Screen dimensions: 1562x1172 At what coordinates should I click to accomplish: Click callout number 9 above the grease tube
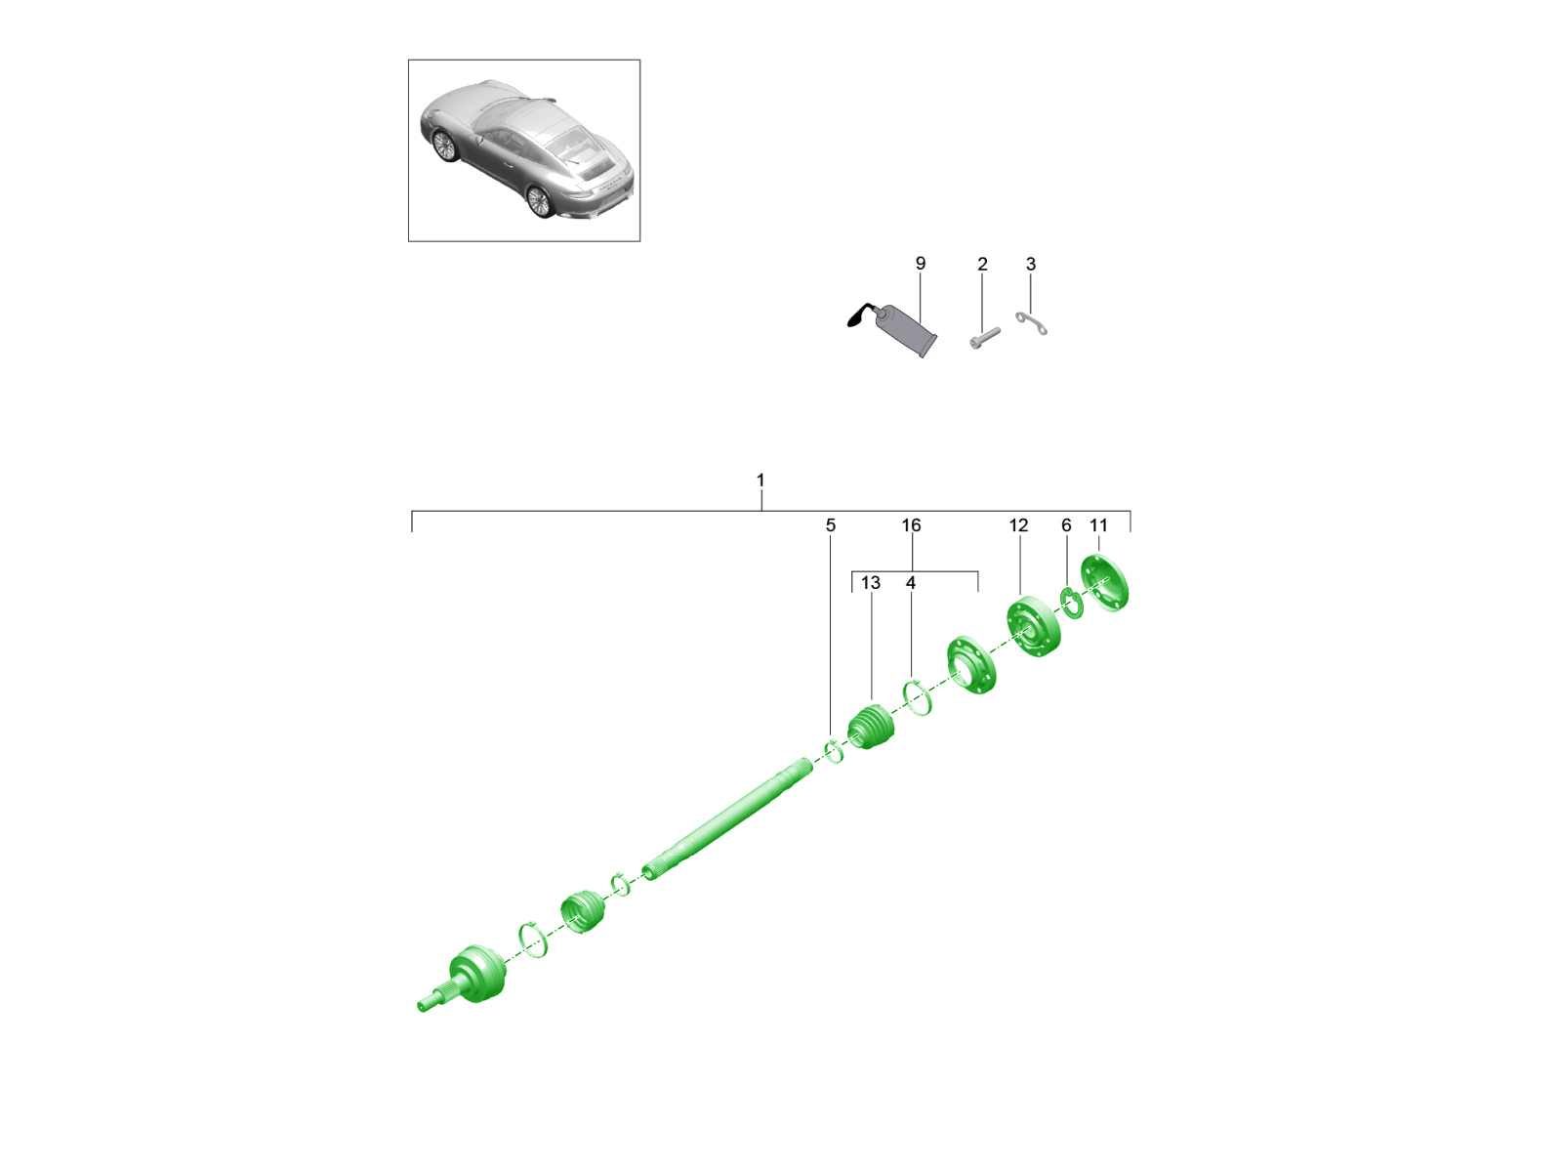pyautogui.click(x=920, y=264)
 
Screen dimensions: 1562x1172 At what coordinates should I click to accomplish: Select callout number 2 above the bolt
pyautogui.click(x=982, y=264)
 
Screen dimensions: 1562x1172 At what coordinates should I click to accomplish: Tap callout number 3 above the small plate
pyautogui.click(x=1030, y=264)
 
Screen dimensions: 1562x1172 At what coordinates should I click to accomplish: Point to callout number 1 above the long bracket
pyautogui.click(x=760, y=481)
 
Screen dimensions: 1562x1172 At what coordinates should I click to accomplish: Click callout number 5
pyautogui.click(x=830, y=525)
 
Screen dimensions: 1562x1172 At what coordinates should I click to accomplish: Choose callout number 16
pyautogui.click(x=911, y=525)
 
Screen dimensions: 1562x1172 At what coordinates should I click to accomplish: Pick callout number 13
pyautogui.click(x=870, y=583)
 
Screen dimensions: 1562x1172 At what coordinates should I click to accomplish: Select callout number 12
pyautogui.click(x=1018, y=525)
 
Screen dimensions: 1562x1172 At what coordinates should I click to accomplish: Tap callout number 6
pyautogui.click(x=1065, y=525)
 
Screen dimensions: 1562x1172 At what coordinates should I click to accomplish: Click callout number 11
pyautogui.click(x=1098, y=525)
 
